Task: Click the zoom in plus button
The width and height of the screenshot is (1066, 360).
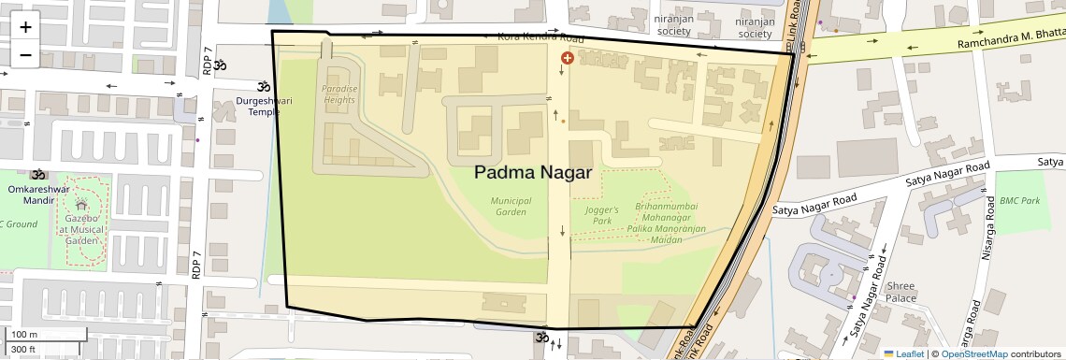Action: pyautogui.click(x=25, y=26)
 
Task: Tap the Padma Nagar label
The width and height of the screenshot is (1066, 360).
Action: pyautogui.click(x=533, y=172)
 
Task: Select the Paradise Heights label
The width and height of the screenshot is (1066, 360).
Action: pyautogui.click(x=339, y=94)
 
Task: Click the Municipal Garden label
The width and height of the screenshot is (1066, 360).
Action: pyautogui.click(x=511, y=206)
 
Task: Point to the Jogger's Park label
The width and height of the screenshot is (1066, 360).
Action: pyautogui.click(x=602, y=216)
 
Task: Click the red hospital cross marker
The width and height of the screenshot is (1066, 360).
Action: pyautogui.click(x=567, y=58)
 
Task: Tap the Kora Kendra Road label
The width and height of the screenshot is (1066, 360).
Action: pyautogui.click(x=540, y=38)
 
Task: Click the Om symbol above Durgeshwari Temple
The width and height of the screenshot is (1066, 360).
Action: pyautogui.click(x=221, y=66)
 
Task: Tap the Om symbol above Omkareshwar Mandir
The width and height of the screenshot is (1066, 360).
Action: pyautogui.click(x=38, y=174)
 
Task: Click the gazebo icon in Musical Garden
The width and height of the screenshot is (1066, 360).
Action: pyautogui.click(x=82, y=205)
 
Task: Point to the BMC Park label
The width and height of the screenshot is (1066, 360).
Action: pyautogui.click(x=1019, y=201)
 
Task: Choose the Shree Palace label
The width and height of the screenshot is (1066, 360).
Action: pyautogui.click(x=901, y=292)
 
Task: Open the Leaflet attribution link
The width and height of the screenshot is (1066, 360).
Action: pyautogui.click(x=903, y=353)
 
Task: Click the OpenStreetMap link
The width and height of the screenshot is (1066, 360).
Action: pyautogui.click(x=973, y=353)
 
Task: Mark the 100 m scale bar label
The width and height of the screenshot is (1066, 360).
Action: pyautogui.click(x=24, y=335)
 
